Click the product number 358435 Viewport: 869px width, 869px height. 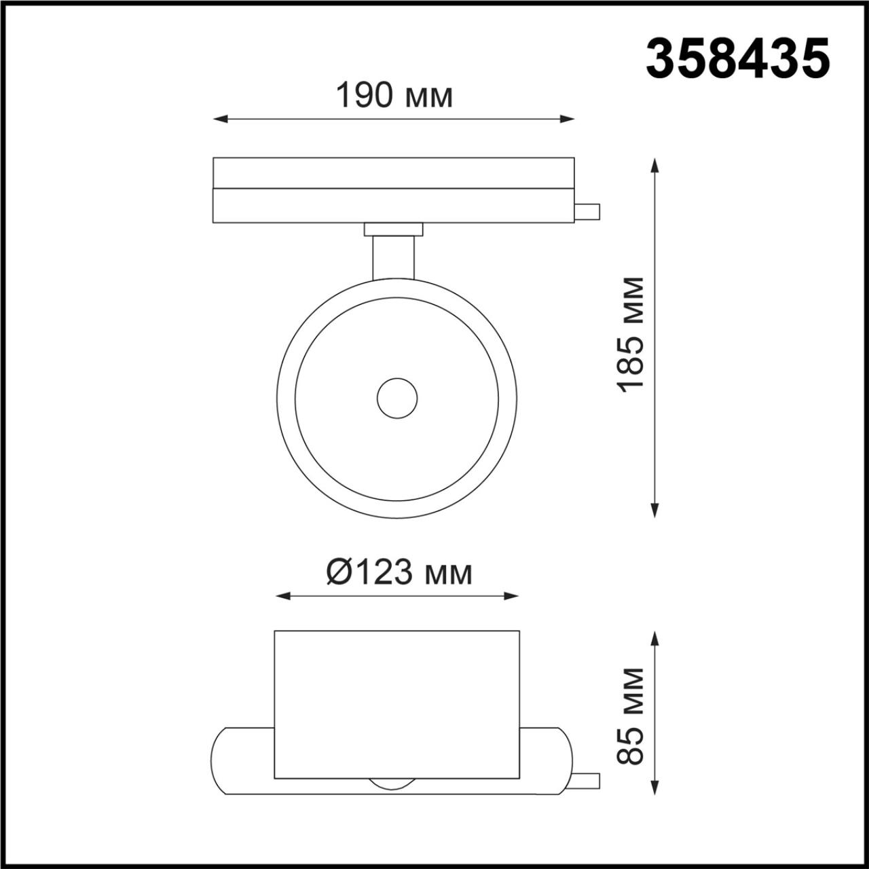click(738, 59)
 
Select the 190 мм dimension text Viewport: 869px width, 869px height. click(394, 97)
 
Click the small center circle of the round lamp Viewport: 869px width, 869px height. click(397, 397)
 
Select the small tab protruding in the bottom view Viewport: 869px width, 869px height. click(587, 781)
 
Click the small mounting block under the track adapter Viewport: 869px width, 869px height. click(394, 229)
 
